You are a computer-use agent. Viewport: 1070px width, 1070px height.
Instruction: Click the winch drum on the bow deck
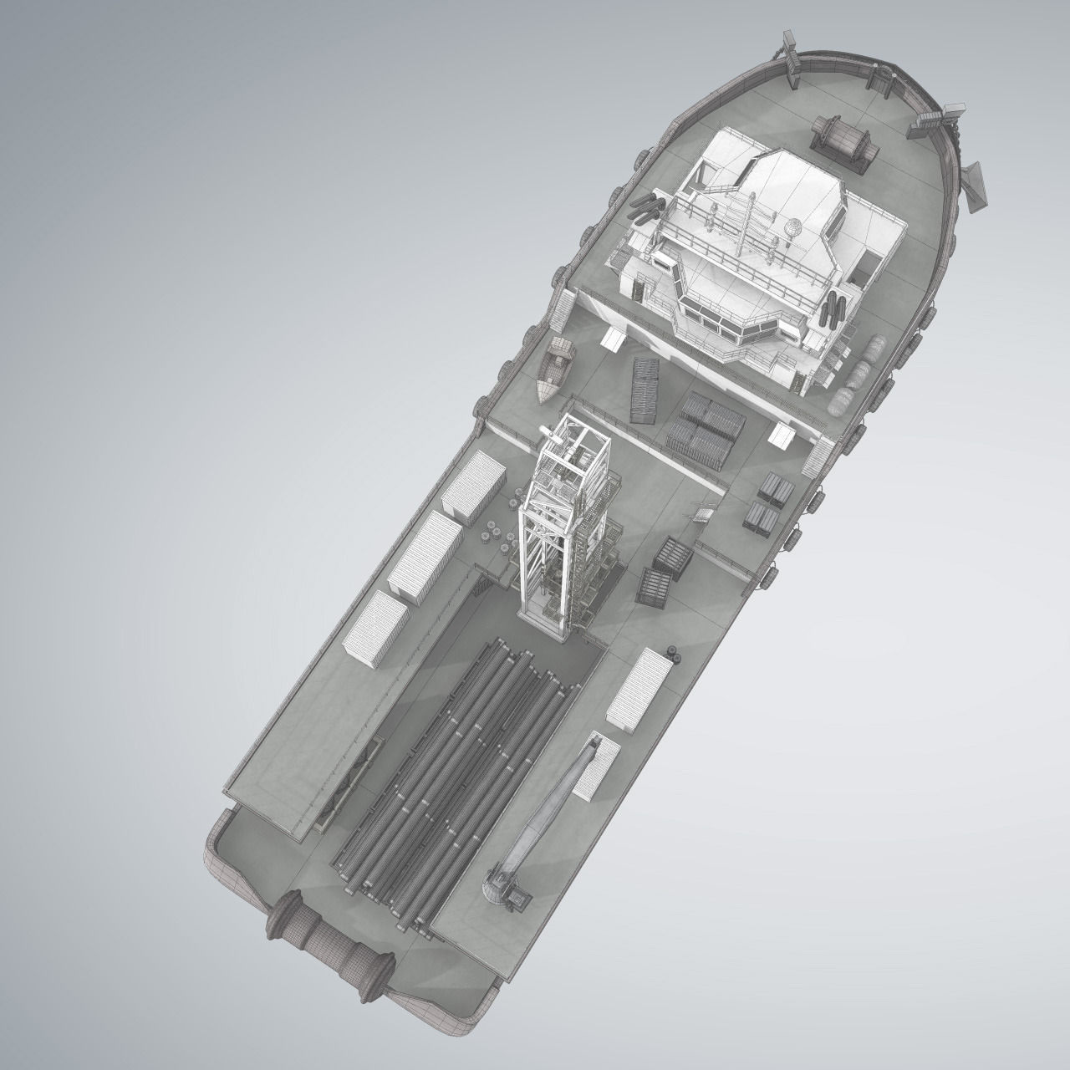[845, 143]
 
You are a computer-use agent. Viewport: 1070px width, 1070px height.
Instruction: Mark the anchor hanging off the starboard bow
[973, 186]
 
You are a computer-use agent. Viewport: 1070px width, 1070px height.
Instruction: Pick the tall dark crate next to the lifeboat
[645, 390]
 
